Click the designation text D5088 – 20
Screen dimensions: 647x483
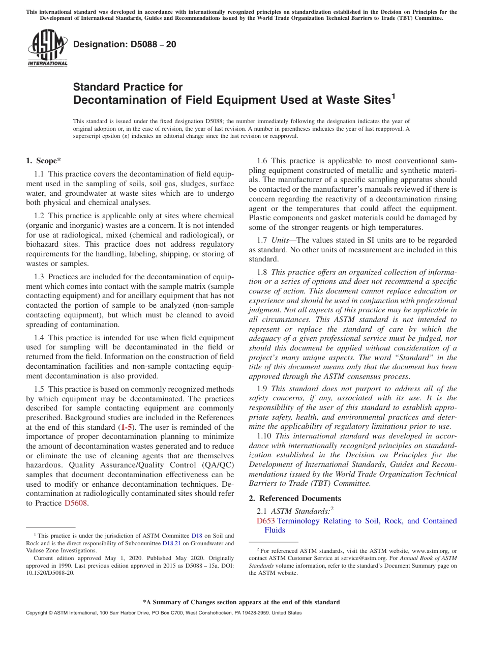coord(125,44)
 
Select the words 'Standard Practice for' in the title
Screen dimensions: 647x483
coord(128,87)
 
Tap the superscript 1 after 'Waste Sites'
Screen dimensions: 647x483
coord(393,95)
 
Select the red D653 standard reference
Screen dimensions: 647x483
coord(265,521)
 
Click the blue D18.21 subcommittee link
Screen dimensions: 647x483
coord(171,543)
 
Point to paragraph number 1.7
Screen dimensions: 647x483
coord(262,240)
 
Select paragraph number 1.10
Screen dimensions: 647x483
coord(264,436)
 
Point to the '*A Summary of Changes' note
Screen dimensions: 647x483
coord(241,602)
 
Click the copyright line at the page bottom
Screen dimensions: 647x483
coord(163,613)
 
